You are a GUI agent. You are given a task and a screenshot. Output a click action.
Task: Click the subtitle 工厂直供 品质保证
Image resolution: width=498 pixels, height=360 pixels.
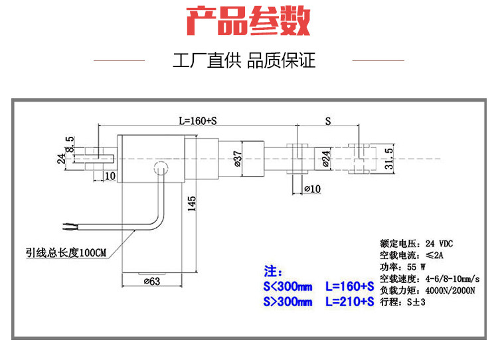[x=244, y=62]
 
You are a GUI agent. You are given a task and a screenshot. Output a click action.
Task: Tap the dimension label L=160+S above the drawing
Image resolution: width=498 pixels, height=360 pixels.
[x=198, y=122]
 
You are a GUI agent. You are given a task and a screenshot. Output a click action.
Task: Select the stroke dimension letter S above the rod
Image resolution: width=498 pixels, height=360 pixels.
[x=328, y=122]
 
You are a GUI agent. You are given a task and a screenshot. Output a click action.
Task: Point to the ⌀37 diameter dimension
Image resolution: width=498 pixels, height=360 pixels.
[x=237, y=159]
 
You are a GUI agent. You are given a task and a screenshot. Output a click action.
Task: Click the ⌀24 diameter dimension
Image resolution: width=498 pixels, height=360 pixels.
[x=325, y=159]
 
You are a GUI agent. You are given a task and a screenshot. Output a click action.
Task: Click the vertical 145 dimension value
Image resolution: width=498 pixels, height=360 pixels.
[x=192, y=203]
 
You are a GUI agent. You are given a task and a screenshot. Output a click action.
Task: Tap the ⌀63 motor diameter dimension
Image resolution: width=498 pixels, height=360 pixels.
[x=152, y=282]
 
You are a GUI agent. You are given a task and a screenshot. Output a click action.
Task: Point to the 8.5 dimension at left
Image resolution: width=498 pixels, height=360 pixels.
[x=69, y=142]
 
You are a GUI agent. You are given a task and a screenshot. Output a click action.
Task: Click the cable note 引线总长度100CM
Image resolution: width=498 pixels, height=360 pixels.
[x=66, y=252]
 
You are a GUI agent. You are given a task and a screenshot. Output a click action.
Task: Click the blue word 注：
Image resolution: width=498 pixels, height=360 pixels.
[x=273, y=272]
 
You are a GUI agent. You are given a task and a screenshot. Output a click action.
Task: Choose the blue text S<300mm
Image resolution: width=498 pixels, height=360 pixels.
[x=287, y=287]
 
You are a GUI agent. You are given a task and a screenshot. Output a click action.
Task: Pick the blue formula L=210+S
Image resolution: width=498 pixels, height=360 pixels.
[x=349, y=302]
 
